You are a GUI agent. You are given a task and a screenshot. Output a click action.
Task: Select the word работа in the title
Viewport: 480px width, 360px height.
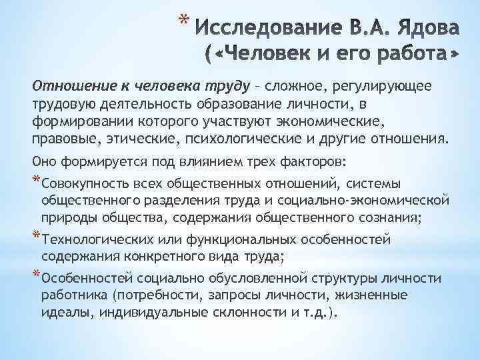(408, 55)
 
